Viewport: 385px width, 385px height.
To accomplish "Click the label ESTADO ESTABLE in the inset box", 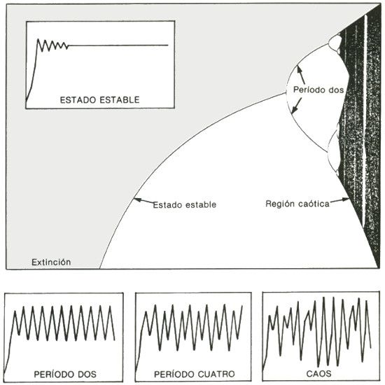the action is click(99, 100).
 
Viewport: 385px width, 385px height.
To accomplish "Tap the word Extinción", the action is click(51, 262).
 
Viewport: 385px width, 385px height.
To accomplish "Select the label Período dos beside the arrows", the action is click(318, 90).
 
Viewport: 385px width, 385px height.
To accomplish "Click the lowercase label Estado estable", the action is click(185, 204).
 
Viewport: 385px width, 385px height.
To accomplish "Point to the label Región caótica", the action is click(297, 204).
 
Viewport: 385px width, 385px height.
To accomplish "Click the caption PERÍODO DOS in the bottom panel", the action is click(65, 374).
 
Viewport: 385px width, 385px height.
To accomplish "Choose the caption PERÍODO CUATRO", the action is click(194, 374).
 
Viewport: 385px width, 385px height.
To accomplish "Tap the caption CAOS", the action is click(318, 374).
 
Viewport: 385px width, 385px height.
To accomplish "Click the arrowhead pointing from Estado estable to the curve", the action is click(137, 199).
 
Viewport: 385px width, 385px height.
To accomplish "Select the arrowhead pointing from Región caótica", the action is click(346, 199).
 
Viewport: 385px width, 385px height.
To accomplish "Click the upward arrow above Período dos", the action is click(301, 75).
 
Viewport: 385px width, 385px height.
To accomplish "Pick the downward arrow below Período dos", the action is click(296, 106).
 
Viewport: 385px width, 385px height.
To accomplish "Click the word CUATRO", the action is click(216, 374).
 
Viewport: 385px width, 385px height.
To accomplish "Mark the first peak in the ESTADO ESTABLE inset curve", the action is click(38, 39).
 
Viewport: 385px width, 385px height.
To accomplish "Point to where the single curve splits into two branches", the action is click(286, 93).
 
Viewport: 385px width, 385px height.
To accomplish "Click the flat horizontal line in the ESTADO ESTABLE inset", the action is click(118, 45).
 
